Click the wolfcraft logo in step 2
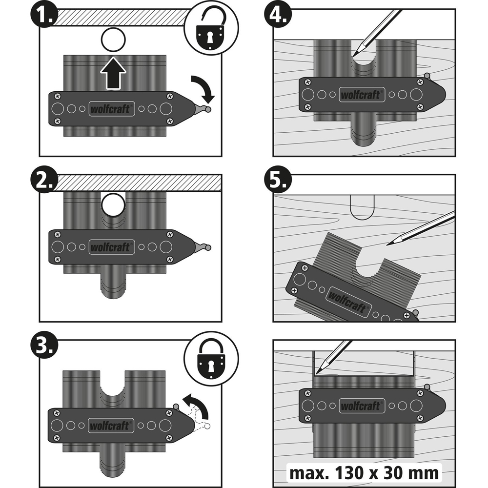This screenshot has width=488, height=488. coord(111,247)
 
